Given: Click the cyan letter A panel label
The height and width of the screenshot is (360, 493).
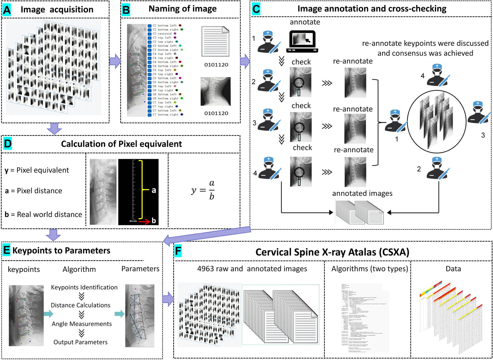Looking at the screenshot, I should tap(7, 10).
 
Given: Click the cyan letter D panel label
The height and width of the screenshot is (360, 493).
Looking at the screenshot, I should tap(7, 144).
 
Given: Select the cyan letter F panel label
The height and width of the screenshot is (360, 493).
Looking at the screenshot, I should tap(178, 251).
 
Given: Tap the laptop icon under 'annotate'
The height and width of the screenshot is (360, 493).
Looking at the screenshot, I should tap(302, 41).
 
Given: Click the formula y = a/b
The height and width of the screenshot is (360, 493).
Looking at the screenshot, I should tap(203, 190).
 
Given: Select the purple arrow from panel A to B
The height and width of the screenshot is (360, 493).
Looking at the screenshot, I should tap(115, 61).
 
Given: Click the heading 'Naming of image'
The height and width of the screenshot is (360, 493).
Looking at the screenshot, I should tap(183, 9).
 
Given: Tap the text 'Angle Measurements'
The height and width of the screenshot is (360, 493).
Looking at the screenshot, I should tap(82, 324).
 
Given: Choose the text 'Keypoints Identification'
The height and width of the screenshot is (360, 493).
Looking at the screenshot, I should tap(84, 287).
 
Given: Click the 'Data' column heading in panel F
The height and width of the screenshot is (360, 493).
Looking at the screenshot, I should tap(453, 269).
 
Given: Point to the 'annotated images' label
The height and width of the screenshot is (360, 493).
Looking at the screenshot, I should tap(362, 193).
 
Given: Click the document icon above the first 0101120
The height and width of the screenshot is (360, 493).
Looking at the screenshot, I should tap(215, 41).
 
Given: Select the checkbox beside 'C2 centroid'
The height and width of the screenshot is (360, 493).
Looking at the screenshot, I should tap(149, 34).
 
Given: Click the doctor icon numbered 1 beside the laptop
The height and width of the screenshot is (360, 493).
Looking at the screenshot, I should tap(268, 42).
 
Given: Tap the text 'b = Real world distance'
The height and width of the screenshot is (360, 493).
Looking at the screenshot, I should tap(43, 214).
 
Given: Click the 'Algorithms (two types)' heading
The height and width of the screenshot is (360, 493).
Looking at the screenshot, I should tap(370, 269).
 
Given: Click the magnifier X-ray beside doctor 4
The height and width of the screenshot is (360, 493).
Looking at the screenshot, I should tap(301, 172).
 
